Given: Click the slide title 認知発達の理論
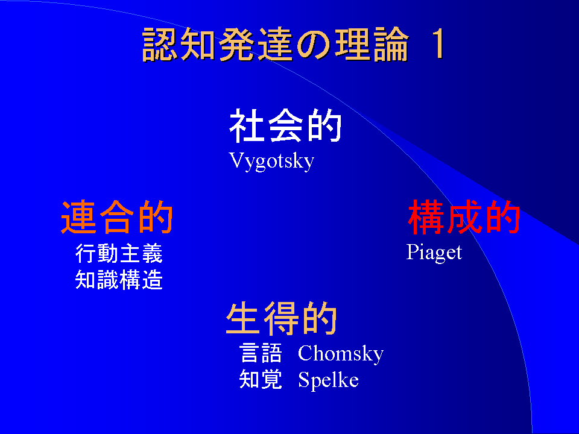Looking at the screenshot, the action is (x=276, y=44).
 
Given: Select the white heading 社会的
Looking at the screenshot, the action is (x=285, y=125).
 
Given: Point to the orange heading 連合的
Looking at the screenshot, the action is (x=117, y=217).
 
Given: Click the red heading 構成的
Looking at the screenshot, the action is (x=464, y=217).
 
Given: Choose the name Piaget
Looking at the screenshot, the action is (x=434, y=253).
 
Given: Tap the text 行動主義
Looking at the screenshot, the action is (x=119, y=253).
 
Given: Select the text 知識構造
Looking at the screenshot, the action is (x=119, y=279).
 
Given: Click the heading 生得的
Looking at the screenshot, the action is (x=282, y=318).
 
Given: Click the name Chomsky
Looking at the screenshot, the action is (x=341, y=354).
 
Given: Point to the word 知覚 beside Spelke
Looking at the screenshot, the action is (x=261, y=379).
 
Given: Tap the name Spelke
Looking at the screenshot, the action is (x=328, y=380).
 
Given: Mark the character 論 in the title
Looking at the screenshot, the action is (x=391, y=44).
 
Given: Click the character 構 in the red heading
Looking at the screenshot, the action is (x=426, y=217).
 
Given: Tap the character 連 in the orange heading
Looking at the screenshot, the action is (x=78, y=217).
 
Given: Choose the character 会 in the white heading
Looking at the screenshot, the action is (x=285, y=125).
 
